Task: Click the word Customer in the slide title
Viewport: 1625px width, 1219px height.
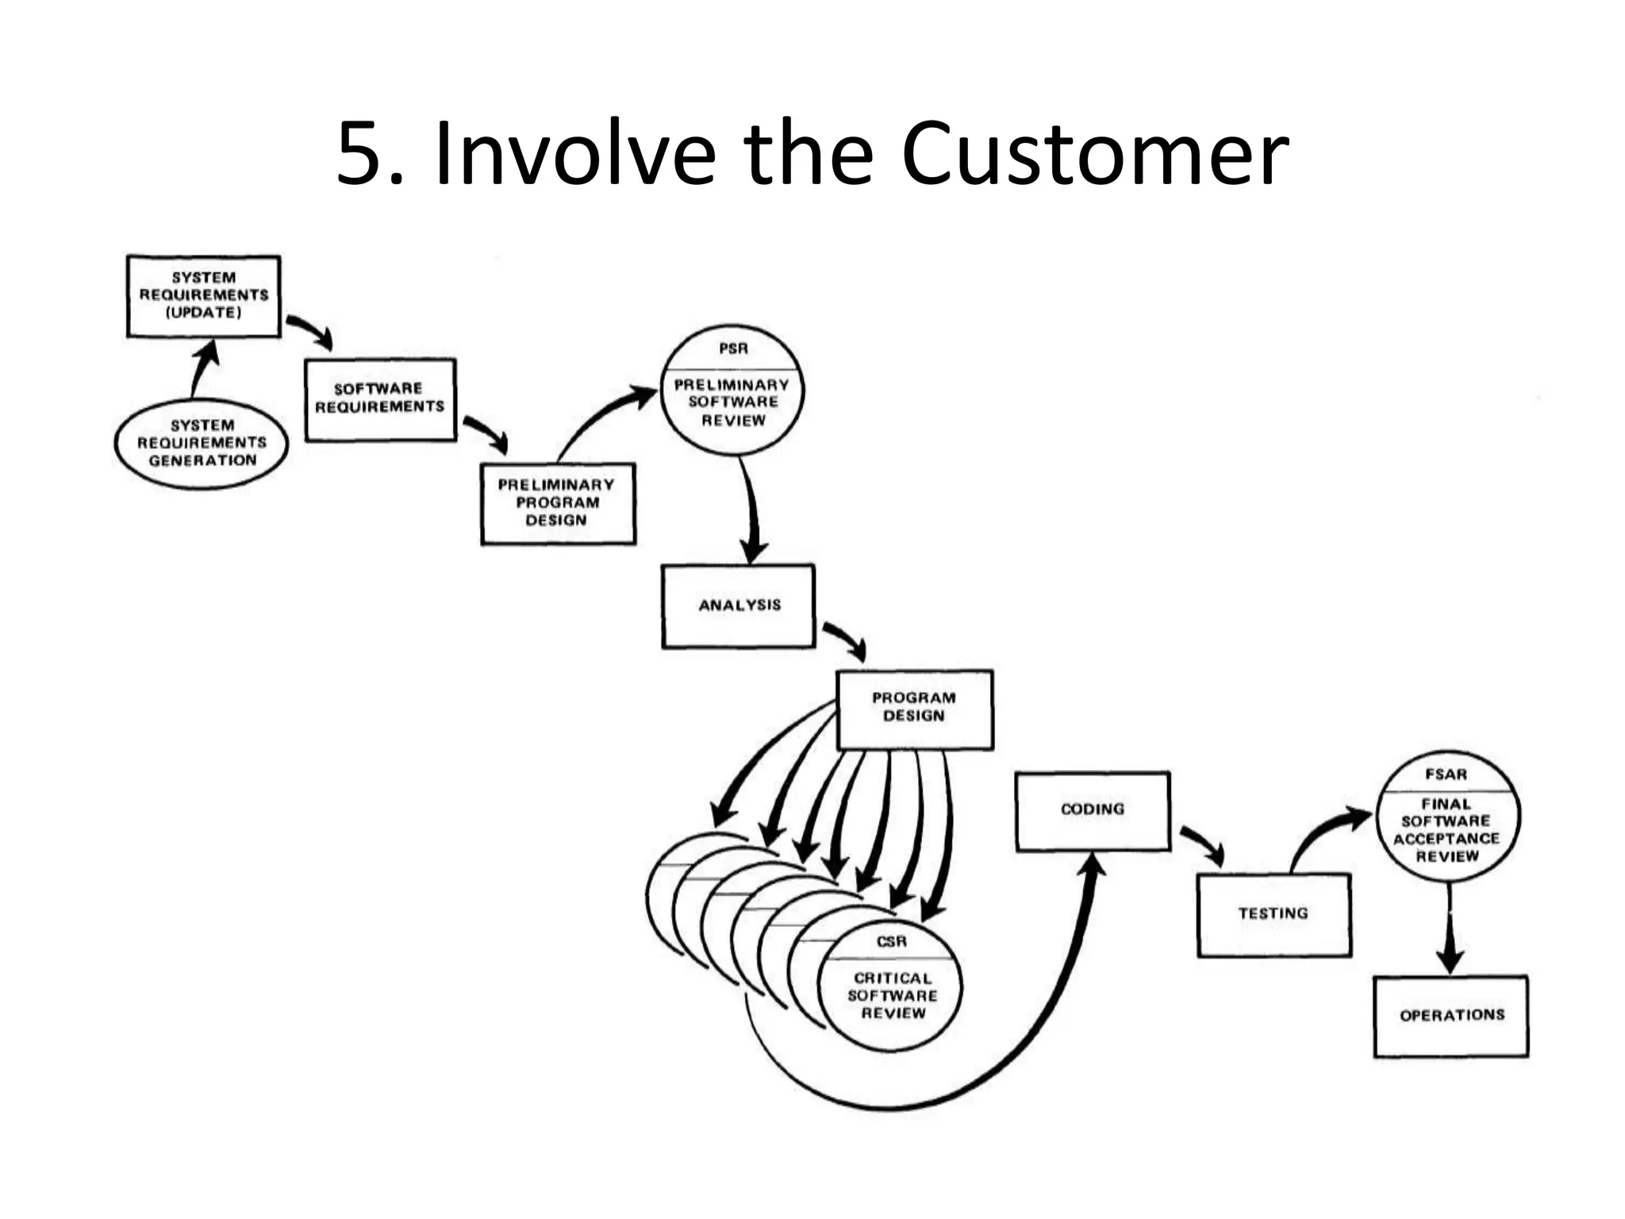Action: coord(1094,154)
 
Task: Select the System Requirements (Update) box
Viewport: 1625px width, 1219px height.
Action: coord(204,296)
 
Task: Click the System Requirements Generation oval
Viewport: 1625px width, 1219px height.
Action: coord(202,444)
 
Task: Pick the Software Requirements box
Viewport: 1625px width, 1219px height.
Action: coord(380,399)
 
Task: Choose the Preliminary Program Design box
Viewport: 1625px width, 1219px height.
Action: coord(558,503)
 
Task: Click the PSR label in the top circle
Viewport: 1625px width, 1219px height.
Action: coord(733,348)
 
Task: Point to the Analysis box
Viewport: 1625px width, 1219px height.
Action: coord(739,606)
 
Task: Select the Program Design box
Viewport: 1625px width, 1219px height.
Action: coord(914,708)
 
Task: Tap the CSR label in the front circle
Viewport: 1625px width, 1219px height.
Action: coord(891,941)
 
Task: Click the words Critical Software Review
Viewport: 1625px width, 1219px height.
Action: coord(893,996)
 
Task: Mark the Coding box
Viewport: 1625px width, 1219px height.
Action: coord(1093,810)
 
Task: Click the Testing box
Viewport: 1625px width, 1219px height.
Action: coord(1273,914)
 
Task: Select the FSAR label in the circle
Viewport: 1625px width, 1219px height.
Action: coord(1446,774)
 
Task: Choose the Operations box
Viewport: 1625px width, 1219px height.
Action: coord(1451,1016)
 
